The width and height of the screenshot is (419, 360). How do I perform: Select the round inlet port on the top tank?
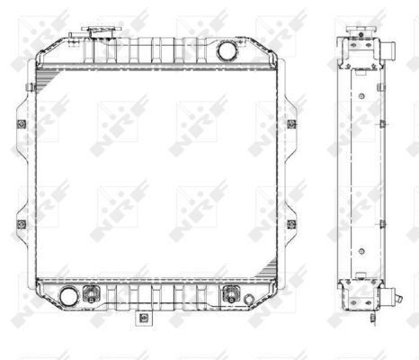pyautogui.click(x=228, y=50)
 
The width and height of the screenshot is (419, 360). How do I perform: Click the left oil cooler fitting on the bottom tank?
pyautogui.click(x=90, y=294)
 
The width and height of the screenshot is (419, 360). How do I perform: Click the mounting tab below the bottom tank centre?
pyautogui.click(x=142, y=319)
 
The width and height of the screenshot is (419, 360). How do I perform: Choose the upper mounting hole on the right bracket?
pyautogui.click(x=291, y=123)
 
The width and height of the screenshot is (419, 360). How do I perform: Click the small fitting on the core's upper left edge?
pyautogui.click(x=32, y=87)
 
